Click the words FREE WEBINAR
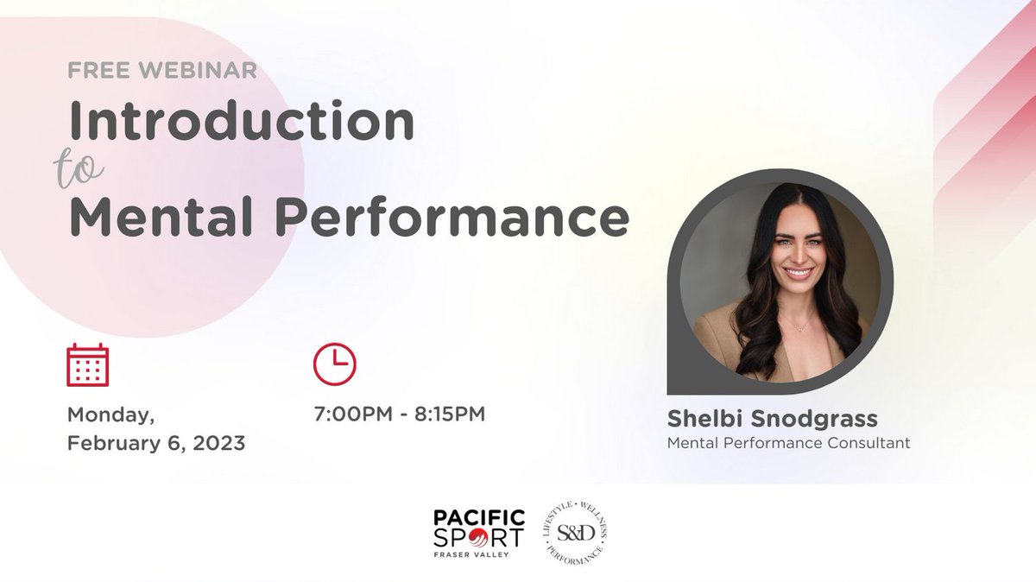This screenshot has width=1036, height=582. [x=162, y=71]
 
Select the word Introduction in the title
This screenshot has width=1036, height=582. [x=242, y=122]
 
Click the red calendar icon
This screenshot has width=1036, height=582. [x=87, y=364]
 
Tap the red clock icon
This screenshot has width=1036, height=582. [x=334, y=364]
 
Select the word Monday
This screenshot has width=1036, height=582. [x=111, y=414]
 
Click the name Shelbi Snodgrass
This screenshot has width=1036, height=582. [x=772, y=419]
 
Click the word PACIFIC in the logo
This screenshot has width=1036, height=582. [x=479, y=517]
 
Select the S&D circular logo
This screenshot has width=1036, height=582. [x=576, y=534]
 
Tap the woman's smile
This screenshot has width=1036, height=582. [x=797, y=273]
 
